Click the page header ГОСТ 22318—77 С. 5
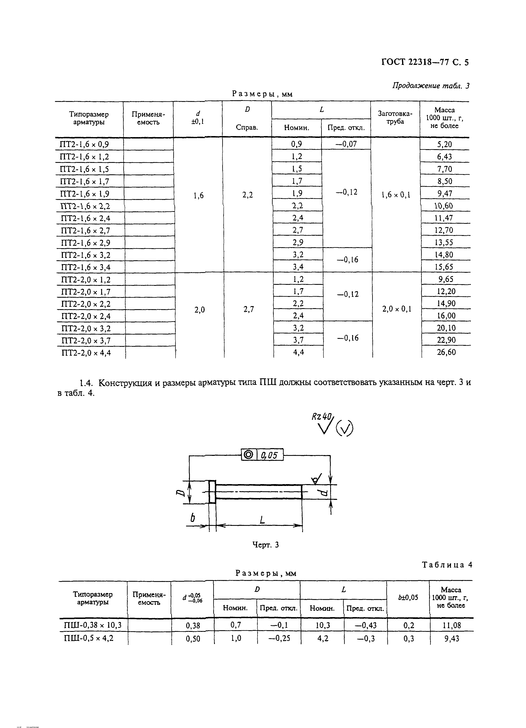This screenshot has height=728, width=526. click(x=425, y=62)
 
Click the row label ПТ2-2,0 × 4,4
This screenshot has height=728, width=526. click(x=86, y=353)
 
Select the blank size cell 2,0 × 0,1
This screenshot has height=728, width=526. click(x=397, y=309)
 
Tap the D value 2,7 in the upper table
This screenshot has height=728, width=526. click(x=249, y=309)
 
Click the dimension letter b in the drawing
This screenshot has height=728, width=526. click(x=193, y=517)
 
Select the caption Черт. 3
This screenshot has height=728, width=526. click(x=265, y=544)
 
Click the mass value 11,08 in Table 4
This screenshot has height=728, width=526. click(x=451, y=625)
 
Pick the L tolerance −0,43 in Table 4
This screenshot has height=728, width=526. click(x=365, y=625)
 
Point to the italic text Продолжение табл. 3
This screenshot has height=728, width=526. click(x=431, y=86)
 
